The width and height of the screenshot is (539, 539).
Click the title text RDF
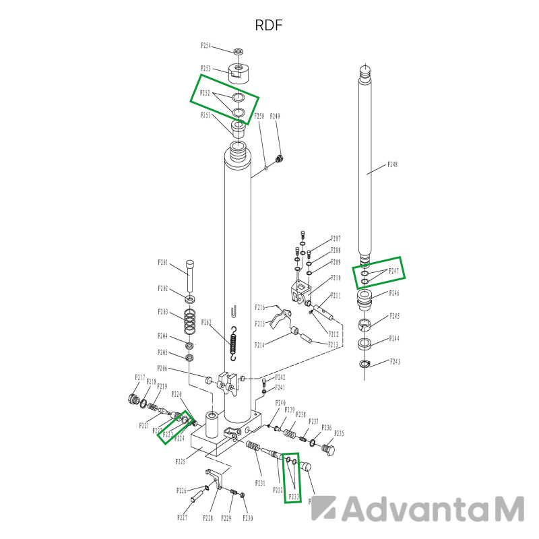pyautogui.click(x=268, y=26)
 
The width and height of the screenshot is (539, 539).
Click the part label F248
pyautogui.click(x=393, y=165)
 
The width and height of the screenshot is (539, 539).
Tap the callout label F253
pyautogui.click(x=206, y=69)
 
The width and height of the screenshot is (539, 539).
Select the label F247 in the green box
pyautogui.click(x=394, y=271)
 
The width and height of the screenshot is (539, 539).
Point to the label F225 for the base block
pyautogui.click(x=181, y=462)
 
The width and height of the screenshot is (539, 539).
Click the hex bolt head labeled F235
pyautogui.click(x=329, y=449)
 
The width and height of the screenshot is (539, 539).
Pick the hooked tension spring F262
pyautogui.click(x=233, y=344)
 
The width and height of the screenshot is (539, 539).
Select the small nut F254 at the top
pyautogui.click(x=239, y=51)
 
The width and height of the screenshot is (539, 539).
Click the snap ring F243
pyautogui.click(x=366, y=365)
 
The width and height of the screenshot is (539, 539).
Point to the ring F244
pyautogui.click(x=366, y=344)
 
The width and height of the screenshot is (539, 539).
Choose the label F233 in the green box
pyautogui.click(x=294, y=497)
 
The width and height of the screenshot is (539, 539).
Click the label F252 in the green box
pyautogui.click(x=206, y=93)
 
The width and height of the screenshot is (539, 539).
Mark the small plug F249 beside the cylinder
pyautogui.click(x=280, y=158)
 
